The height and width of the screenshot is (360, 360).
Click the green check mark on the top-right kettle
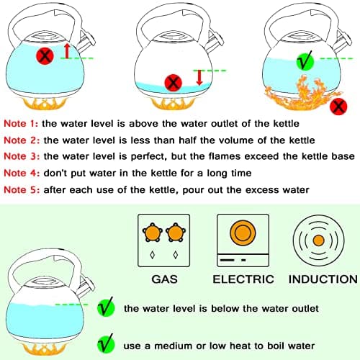point(304,62)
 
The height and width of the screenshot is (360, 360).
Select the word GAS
point(167,279)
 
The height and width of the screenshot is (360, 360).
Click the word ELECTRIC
point(243,279)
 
